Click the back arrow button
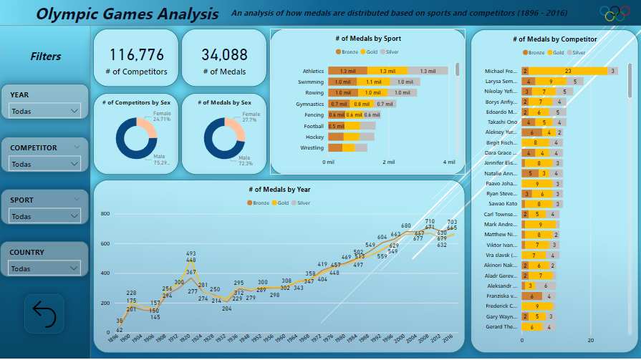point(44,313)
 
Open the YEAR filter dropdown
point(44,111)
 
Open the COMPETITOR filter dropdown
point(44,164)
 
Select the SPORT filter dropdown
point(44,216)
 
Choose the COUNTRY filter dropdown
point(44,268)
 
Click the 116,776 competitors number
point(136,55)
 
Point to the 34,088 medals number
point(224,55)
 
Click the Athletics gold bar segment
point(387,71)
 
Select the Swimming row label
point(311,82)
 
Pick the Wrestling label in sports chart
point(311,148)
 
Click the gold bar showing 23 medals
point(568,71)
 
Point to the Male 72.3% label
point(246,160)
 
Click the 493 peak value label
point(191,253)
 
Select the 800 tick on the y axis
point(105,214)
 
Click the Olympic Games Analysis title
point(127,14)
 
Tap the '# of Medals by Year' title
point(279,190)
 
